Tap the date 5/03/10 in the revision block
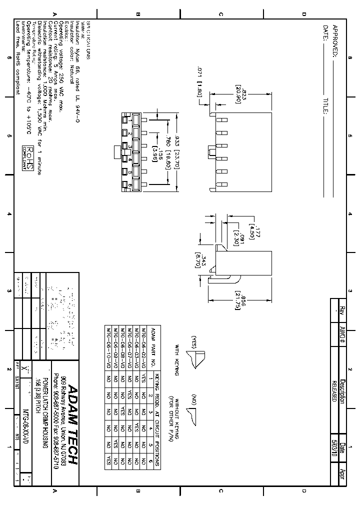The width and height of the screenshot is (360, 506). pyautogui.click(x=334, y=448)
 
